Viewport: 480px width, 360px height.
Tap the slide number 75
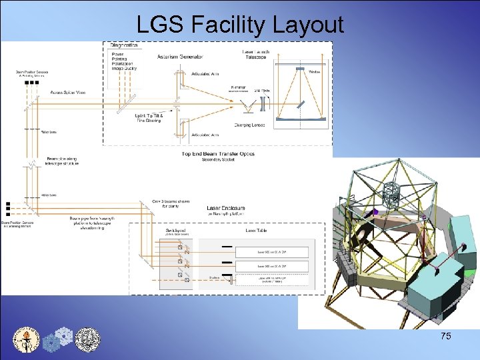click(x=445, y=336)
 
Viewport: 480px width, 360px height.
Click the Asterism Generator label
click(x=180, y=57)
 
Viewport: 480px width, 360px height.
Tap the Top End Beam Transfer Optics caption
click(x=218, y=154)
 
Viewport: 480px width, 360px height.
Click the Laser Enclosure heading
click(x=225, y=208)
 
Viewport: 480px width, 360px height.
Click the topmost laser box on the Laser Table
click(x=272, y=252)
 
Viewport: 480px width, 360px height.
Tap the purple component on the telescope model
click(x=375, y=211)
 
